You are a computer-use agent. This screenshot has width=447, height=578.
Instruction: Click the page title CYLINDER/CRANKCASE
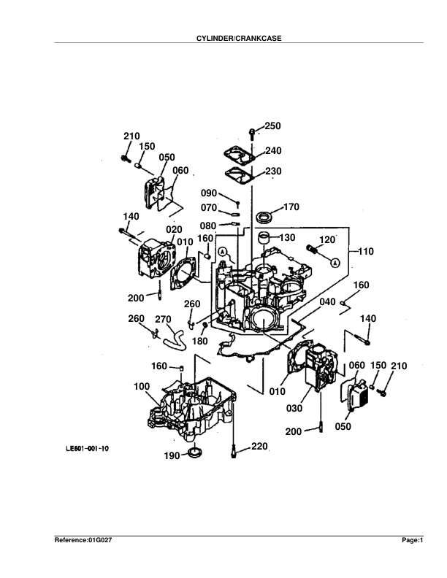(223, 38)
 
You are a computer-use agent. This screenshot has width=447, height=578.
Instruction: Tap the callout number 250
(272, 126)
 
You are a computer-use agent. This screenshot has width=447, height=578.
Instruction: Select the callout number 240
(272, 151)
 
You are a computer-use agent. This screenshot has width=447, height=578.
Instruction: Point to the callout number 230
(272, 172)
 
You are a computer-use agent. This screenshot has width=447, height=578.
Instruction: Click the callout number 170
(291, 207)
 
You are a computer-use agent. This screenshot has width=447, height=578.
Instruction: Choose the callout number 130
(286, 237)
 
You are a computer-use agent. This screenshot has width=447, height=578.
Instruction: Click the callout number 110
(365, 251)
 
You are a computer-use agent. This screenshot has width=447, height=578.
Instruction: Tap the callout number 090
(210, 193)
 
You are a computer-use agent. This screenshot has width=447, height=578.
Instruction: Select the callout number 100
(142, 386)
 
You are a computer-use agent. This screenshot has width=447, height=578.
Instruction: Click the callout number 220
(260, 445)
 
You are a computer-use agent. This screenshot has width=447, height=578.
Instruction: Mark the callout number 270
(163, 319)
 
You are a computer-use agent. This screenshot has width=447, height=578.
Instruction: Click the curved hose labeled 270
(175, 338)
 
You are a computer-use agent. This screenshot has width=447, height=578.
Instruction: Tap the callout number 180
(200, 341)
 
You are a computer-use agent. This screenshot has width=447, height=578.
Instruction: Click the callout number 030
(294, 408)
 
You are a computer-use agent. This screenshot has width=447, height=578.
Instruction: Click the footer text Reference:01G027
(84, 541)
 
